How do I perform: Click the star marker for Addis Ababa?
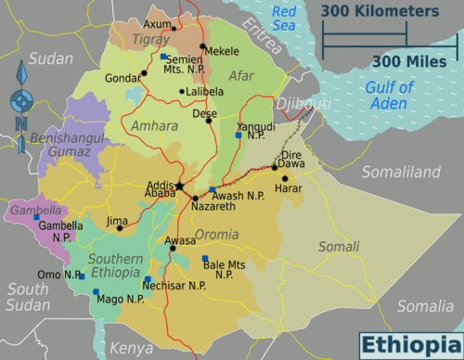point(179,186)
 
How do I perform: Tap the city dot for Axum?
point(173,29)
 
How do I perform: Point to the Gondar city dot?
point(144,73)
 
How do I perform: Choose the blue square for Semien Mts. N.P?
point(163,58)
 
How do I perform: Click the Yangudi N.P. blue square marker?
point(238,135)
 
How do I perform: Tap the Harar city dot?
point(285,177)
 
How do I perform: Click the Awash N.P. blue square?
point(213,189)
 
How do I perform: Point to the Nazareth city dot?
point(195,198)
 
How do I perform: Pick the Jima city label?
point(117,221)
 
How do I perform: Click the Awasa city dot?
point(173,249)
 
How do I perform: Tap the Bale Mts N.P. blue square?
point(205,258)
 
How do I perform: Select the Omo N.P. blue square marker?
point(82,276)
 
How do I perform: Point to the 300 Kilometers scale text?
point(380,11)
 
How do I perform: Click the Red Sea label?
point(284,19)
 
